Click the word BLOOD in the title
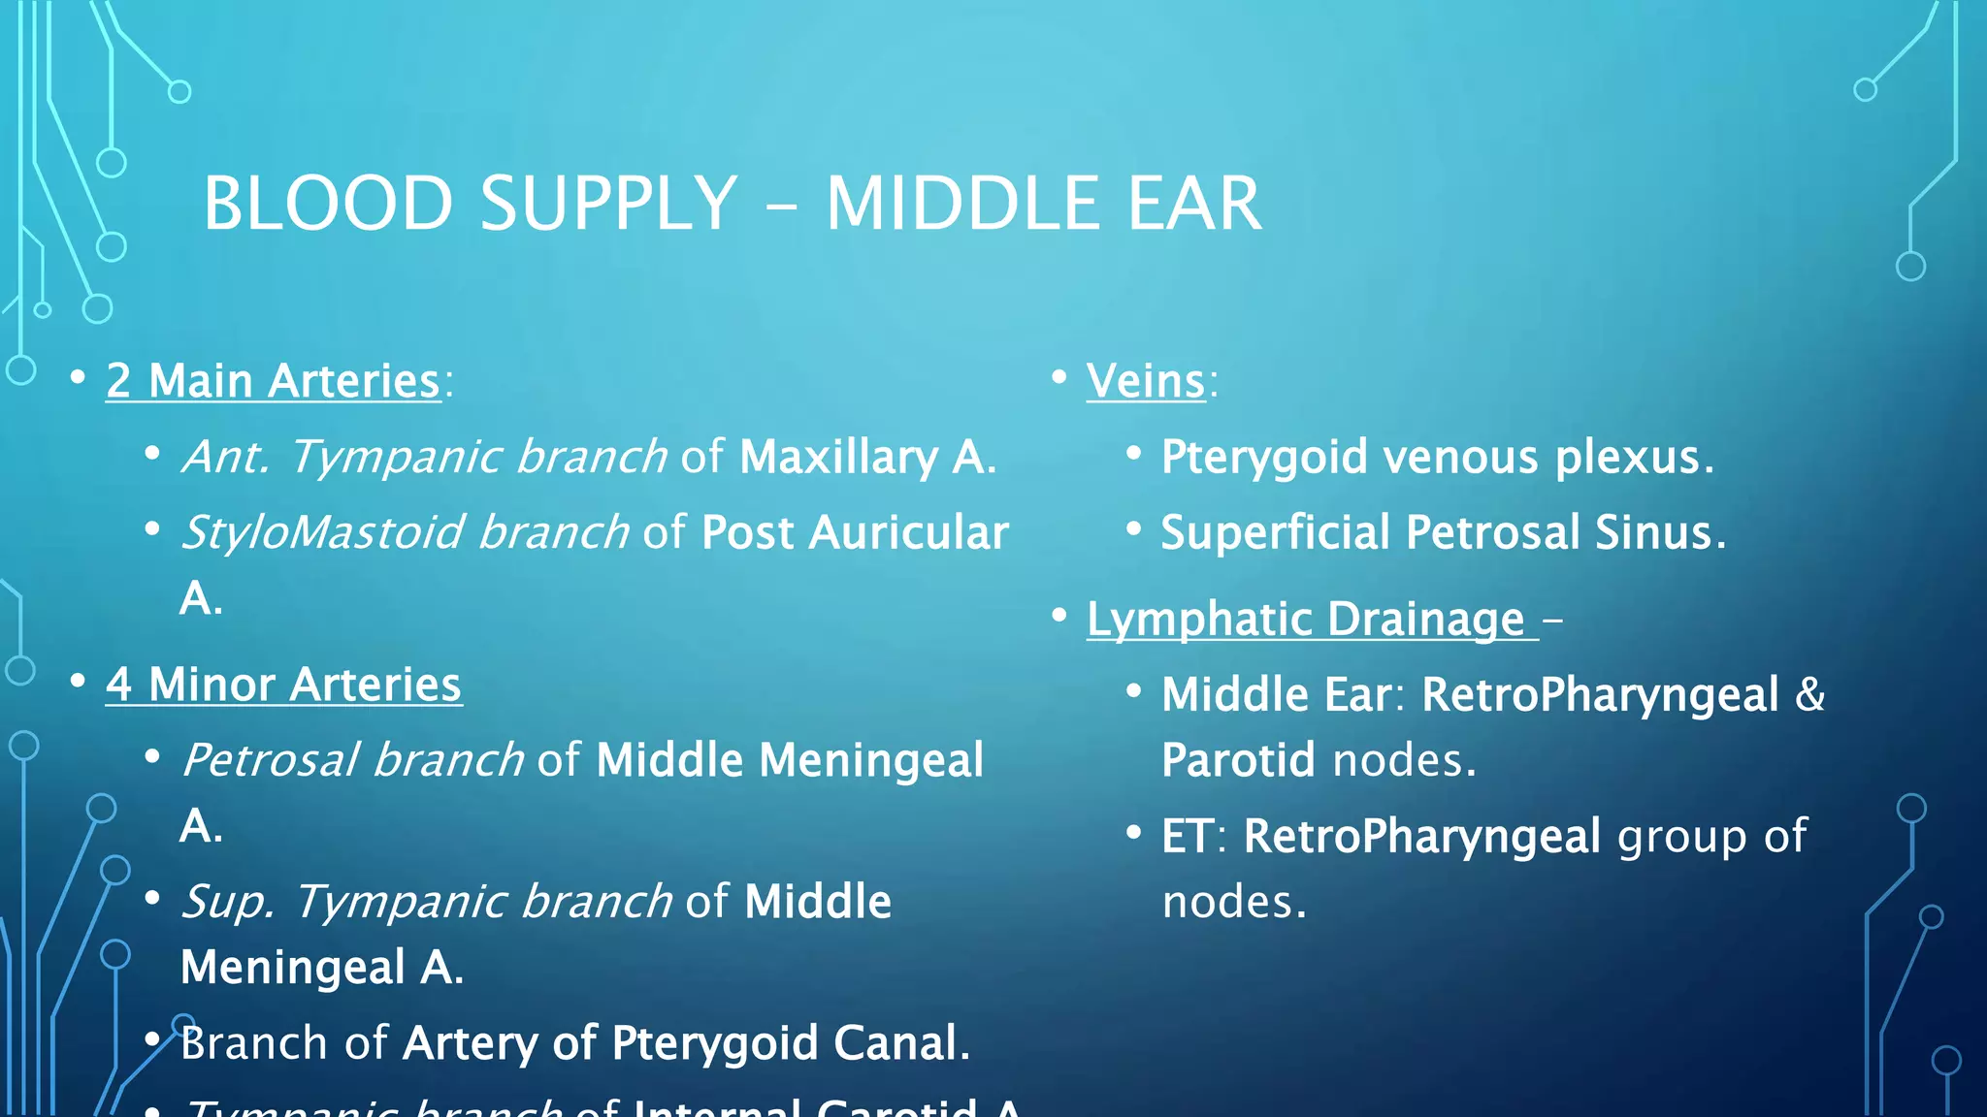(328, 204)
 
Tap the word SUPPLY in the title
(608, 204)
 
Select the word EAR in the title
(1193, 204)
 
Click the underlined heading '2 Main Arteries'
(274, 381)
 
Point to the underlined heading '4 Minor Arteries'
(283, 685)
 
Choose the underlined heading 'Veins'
(1146, 381)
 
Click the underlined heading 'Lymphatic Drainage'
(1306, 620)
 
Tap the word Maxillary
(838, 457)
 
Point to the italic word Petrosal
(271, 760)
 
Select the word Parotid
(1238, 760)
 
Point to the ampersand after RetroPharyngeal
(1810, 695)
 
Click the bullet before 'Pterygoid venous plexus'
(1133, 453)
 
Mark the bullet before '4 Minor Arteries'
(79, 680)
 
